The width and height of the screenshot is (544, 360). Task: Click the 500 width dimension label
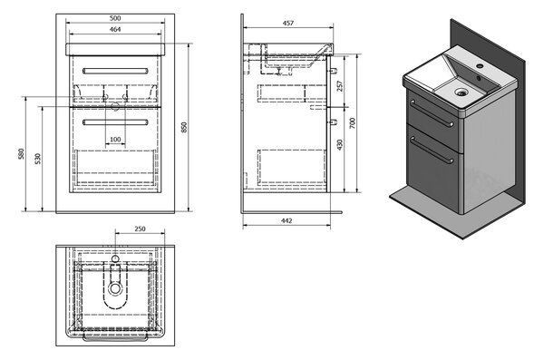(115, 18)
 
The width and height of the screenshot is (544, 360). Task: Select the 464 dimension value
(115, 30)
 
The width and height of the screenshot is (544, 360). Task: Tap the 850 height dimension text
(184, 127)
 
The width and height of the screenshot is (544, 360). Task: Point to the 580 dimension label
(22, 154)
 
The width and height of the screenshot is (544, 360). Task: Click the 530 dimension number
(38, 159)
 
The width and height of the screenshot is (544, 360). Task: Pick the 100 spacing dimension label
(115, 140)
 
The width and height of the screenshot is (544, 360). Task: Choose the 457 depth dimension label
(288, 24)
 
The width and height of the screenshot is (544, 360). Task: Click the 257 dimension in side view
(340, 86)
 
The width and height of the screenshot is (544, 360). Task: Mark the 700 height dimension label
(353, 123)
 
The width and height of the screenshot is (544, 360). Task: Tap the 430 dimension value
(340, 145)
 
